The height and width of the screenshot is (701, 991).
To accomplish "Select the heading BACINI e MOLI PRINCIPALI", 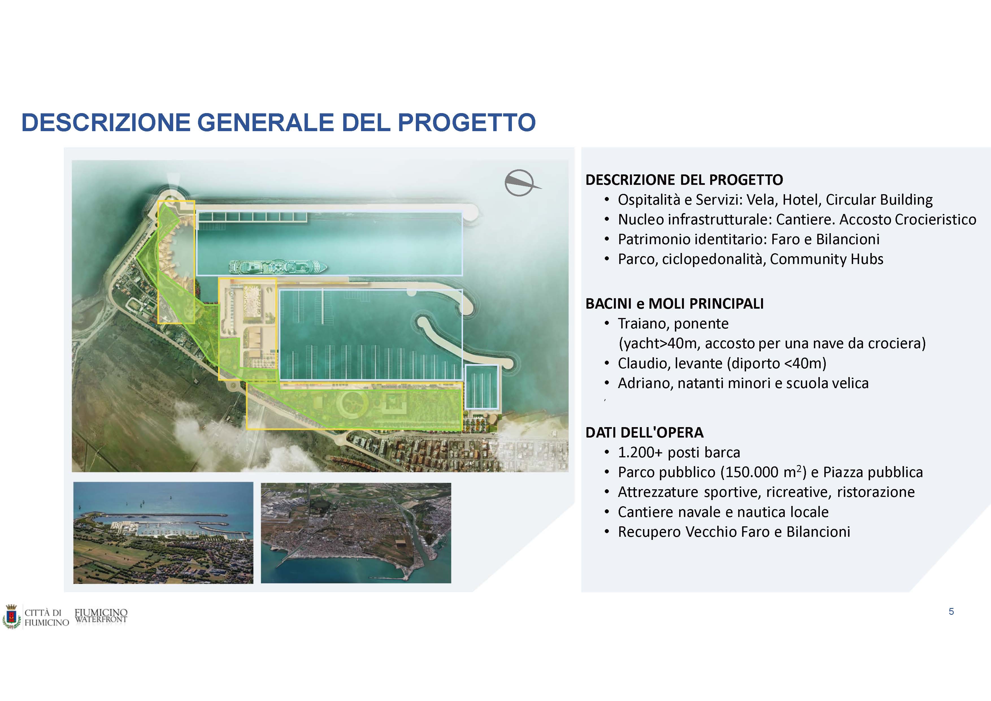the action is tap(674, 304).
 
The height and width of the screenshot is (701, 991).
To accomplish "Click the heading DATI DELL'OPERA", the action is tap(644, 432).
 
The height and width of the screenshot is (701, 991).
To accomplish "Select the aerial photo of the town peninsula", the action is tap(356, 533).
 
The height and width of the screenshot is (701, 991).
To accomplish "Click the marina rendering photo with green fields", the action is tap(163, 533).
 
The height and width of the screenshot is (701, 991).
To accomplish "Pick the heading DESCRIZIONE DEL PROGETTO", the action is tap(684, 180).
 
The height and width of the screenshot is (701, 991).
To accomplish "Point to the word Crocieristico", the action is tap(935, 219).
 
